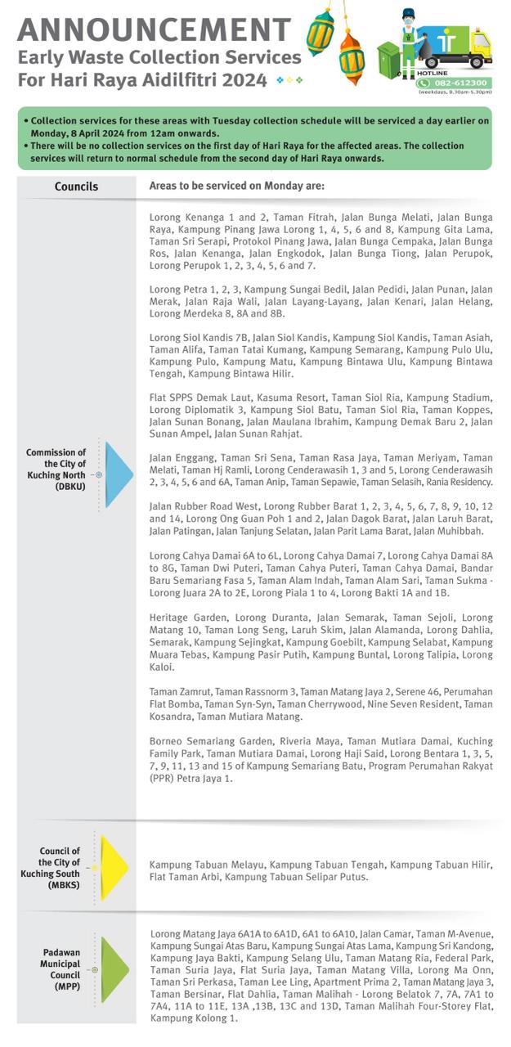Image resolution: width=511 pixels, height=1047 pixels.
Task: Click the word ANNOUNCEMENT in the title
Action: point(154,29)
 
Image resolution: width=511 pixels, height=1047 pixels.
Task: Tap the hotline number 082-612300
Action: point(460,83)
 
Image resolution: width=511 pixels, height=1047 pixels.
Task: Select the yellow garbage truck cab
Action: point(480,49)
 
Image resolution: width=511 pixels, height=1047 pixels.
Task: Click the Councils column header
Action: point(76,186)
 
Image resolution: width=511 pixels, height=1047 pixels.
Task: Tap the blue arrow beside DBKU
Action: point(117,474)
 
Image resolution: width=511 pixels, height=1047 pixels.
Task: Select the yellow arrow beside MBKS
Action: point(112,867)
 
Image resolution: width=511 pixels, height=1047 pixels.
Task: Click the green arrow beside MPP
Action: point(114,969)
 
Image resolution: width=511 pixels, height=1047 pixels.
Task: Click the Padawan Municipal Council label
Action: point(61,964)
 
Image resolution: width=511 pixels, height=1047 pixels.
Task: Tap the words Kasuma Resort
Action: point(235,398)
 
